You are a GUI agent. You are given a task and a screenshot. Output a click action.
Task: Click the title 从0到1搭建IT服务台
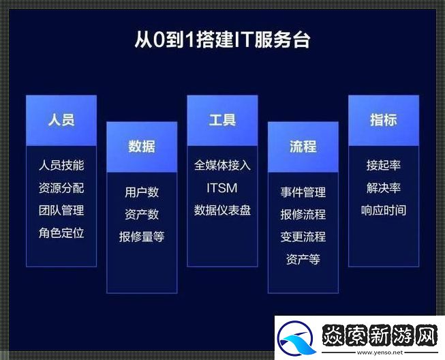(222, 40)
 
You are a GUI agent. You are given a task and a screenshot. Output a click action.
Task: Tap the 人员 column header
(61, 120)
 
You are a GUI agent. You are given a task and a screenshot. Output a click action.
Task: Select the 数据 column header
(142, 147)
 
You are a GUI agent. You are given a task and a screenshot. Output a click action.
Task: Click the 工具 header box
(222, 120)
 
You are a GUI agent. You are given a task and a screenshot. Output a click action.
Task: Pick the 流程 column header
(303, 147)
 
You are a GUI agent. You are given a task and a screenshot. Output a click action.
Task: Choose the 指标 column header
(383, 120)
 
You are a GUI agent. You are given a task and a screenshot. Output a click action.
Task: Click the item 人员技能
(61, 165)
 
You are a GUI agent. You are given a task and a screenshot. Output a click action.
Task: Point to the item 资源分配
(61, 187)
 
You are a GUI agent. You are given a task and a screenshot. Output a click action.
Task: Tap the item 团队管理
(61, 210)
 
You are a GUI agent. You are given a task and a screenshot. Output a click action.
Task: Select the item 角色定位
(61, 232)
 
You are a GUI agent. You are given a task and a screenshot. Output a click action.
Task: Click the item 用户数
(142, 192)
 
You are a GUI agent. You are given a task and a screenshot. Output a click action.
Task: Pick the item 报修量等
(142, 237)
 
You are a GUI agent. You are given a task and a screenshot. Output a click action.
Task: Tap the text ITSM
(222, 187)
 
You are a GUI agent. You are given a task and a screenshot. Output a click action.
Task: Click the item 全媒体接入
(222, 165)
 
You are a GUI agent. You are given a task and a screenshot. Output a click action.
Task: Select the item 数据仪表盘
(222, 210)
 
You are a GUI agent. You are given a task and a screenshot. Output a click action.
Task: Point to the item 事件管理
(303, 192)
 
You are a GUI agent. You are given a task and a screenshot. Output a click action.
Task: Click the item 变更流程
(303, 237)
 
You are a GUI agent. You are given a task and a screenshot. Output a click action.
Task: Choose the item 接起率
(383, 165)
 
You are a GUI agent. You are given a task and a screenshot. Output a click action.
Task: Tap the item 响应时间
(383, 210)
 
